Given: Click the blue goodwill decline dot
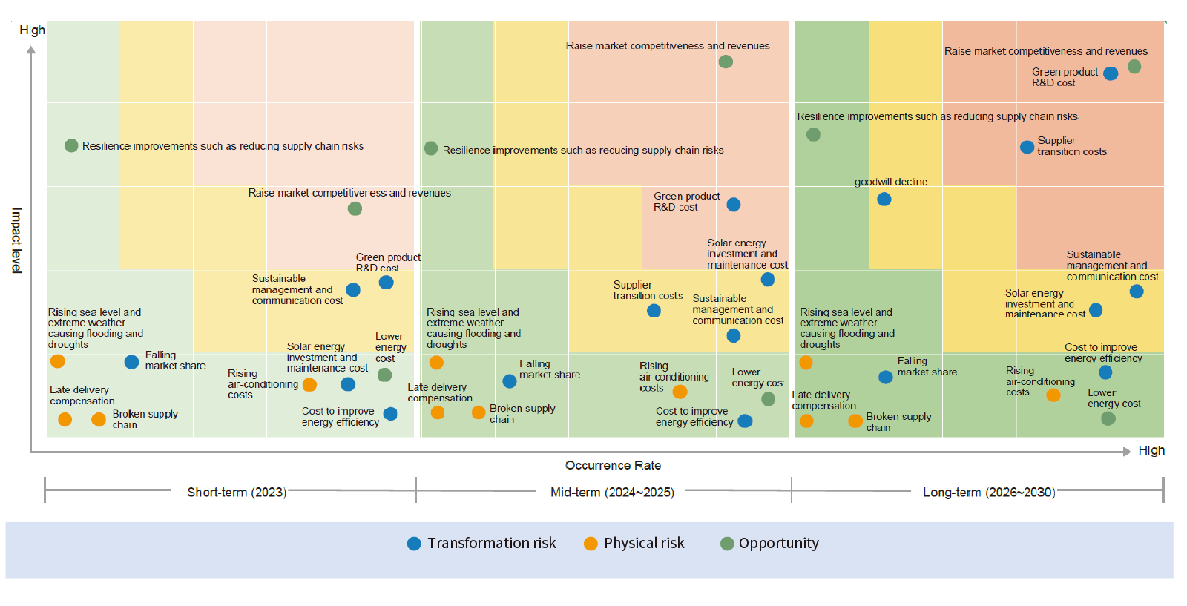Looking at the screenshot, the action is pyautogui.click(x=884, y=200).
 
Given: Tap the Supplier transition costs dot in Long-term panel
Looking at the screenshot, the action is pyautogui.click(x=1027, y=148).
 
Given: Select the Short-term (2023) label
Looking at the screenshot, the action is pyautogui.click(x=237, y=492).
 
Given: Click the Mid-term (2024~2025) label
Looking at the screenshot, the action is pyautogui.click(x=612, y=492).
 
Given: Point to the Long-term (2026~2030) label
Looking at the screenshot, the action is pyautogui.click(x=989, y=492).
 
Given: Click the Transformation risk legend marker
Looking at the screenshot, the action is pyautogui.click(x=414, y=544).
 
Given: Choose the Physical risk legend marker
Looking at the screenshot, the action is pyautogui.click(x=591, y=544).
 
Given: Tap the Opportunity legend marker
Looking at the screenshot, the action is pyautogui.click(x=727, y=544).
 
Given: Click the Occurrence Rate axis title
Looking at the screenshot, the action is pyautogui.click(x=613, y=465).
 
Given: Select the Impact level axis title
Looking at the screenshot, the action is pyautogui.click(x=17, y=240).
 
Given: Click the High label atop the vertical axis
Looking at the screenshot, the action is pyautogui.click(x=33, y=30).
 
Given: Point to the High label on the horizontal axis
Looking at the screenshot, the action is pyautogui.click(x=1151, y=450).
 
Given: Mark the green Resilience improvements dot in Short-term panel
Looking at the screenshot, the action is pyautogui.click(x=71, y=145).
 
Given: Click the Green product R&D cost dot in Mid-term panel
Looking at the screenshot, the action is pyautogui.click(x=734, y=205).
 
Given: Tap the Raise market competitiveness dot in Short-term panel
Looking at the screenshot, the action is pyautogui.click(x=355, y=208).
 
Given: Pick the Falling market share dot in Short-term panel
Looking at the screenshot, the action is pyautogui.click(x=131, y=362).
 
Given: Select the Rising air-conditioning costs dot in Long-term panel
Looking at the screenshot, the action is pyautogui.click(x=1053, y=395).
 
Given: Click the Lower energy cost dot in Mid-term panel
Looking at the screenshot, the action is pyautogui.click(x=768, y=399).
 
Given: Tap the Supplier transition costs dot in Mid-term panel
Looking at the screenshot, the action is pyautogui.click(x=654, y=311).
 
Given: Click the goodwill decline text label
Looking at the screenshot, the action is pyautogui.click(x=891, y=182).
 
